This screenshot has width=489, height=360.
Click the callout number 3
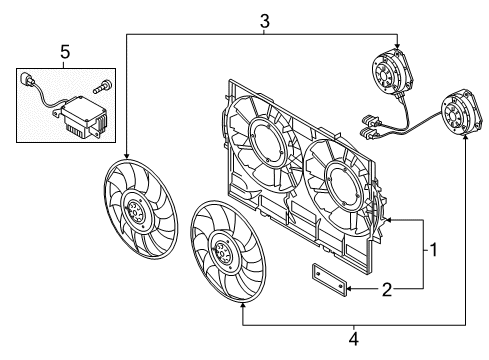coord(264,22)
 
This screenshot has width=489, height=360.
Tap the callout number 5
coord(65,52)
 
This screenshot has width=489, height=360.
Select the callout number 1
coord(434,250)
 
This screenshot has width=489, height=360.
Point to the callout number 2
coord(387,289)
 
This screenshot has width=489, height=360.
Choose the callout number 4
coord(354,339)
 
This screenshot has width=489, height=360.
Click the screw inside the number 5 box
coord(100,86)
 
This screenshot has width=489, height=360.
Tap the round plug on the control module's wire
coord(26,79)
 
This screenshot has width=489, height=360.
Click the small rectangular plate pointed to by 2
coord(330,278)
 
